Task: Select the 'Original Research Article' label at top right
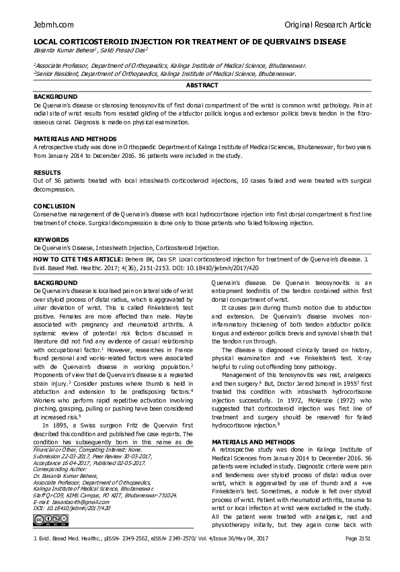click(x=327, y=25)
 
